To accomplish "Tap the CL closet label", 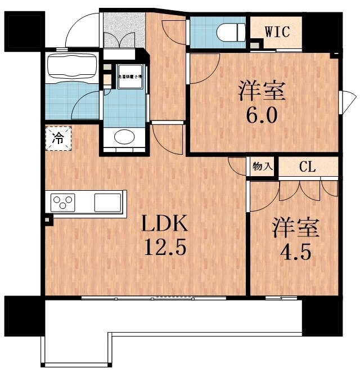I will [307, 167].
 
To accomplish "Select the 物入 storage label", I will [263, 167].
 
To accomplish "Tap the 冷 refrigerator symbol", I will [59, 138].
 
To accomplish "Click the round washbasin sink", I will [124, 137].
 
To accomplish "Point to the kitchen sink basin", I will [107, 201].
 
